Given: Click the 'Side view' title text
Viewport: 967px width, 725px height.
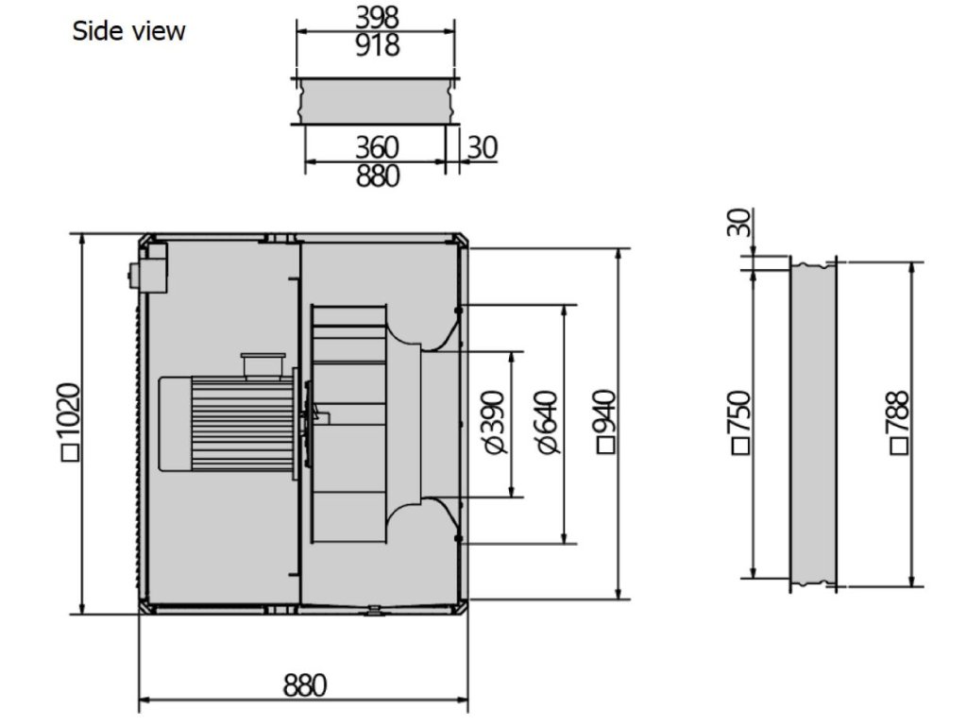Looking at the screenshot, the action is (128, 31).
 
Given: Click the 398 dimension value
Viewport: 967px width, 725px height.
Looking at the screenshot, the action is (377, 17).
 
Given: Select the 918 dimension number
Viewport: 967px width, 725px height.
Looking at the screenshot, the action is (377, 45).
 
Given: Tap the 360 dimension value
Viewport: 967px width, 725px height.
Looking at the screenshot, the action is (377, 147).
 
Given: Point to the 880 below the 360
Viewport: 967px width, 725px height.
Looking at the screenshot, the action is (377, 176).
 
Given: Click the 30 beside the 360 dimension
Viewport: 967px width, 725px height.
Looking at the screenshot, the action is (483, 147).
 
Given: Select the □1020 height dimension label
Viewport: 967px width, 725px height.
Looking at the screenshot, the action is (70, 422).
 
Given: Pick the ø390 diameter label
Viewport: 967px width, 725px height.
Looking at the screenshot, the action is (495, 422).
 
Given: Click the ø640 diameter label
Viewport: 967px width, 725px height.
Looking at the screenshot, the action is (547, 422).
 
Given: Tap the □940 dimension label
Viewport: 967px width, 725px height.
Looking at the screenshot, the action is (606, 422).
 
